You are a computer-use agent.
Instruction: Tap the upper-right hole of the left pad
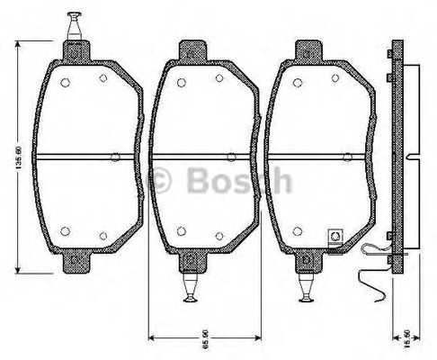coord(103,78)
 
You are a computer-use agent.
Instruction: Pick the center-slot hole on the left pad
coord(114,157)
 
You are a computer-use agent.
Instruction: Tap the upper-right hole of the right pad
coord(334,78)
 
